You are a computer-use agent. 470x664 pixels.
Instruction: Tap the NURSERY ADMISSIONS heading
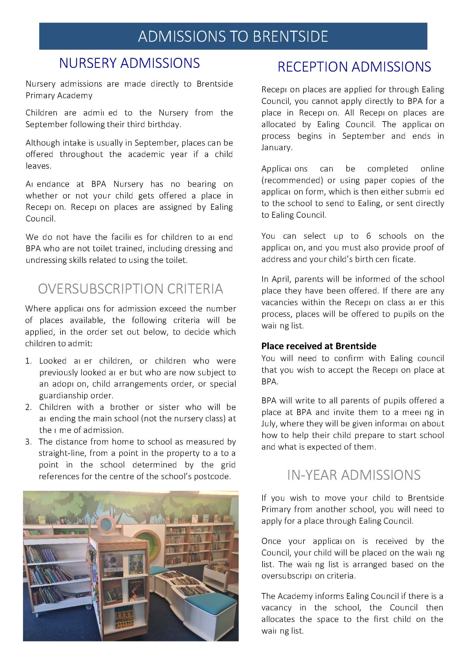click(x=129, y=63)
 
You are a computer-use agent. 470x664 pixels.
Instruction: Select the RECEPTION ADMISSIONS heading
click(x=354, y=67)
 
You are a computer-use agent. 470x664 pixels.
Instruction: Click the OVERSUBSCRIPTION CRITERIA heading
click(x=130, y=289)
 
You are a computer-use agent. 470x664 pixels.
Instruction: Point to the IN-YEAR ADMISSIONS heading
click(x=354, y=475)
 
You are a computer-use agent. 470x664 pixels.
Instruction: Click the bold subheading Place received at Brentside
click(x=319, y=346)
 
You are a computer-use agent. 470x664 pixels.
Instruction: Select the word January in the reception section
click(x=276, y=147)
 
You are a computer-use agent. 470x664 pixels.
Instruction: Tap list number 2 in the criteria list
click(x=29, y=407)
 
